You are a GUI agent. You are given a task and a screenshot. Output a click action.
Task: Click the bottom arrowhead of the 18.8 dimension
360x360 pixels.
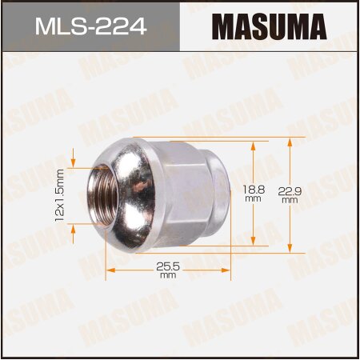(x=254, y=242)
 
